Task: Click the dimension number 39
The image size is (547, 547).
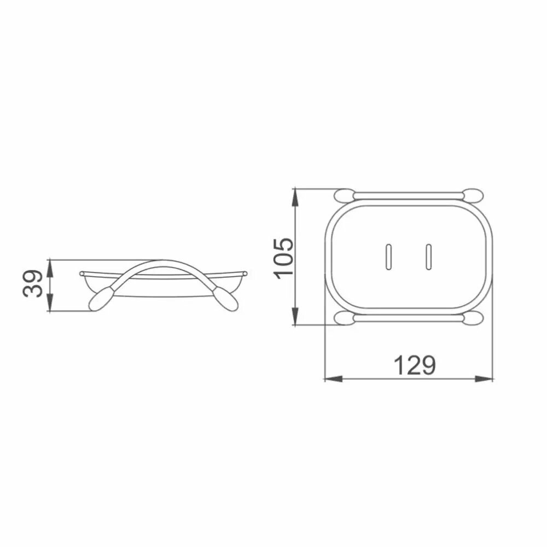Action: [x=33, y=283]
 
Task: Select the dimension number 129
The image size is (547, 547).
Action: [x=415, y=365]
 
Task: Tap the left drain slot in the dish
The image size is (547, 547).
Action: [x=388, y=257]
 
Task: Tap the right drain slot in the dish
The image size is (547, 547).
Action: [x=429, y=257]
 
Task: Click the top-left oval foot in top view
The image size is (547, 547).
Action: [x=344, y=195]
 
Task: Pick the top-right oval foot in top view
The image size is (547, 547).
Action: [x=473, y=195]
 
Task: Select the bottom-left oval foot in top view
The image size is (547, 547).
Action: [x=344, y=318]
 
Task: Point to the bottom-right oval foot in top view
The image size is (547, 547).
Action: [x=473, y=318]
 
